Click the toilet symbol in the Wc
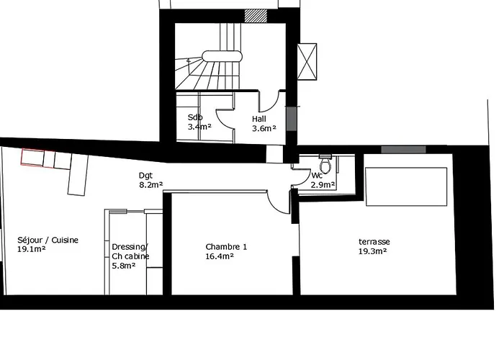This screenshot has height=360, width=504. tap(325, 165)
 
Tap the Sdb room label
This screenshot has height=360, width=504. tap(195, 117)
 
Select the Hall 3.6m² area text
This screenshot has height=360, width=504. tap(264, 124)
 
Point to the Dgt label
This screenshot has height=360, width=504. tap(145, 176)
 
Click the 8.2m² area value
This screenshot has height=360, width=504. tap(150, 185)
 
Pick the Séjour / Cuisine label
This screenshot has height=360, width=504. tap(48, 240)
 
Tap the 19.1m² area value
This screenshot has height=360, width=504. tap(31, 249)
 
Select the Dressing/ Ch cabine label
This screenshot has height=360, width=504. tap(130, 252)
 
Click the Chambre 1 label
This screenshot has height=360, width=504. tap(226, 247)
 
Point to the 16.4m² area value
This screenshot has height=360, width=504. tap(220, 256)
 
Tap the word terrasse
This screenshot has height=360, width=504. tap(374, 242)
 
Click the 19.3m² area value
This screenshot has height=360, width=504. tap(372, 251)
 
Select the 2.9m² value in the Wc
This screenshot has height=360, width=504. tap(323, 185)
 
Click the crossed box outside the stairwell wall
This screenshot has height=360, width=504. tap(307, 61)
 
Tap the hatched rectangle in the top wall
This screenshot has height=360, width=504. tap(256, 15)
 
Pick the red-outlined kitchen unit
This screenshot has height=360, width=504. tap(32, 158)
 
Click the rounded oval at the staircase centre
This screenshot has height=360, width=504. tap(222, 56)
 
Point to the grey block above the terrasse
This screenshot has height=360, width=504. tap(404, 150)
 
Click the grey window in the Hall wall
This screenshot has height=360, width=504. tap(292, 119)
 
